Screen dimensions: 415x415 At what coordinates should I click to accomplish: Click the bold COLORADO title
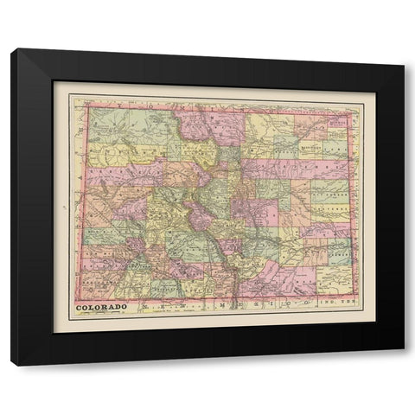(102, 306)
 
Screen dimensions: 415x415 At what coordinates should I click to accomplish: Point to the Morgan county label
(294, 143)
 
